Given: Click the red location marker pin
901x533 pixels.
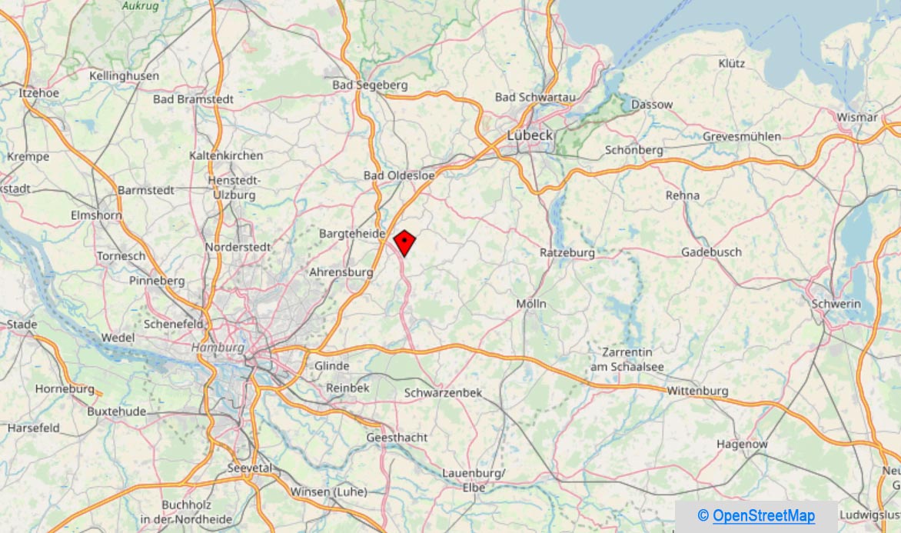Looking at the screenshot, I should click(404, 242).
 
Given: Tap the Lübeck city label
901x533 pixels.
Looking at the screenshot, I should click(530, 135).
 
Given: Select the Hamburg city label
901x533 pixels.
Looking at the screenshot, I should click(218, 348).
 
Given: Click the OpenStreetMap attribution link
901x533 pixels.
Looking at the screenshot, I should click(763, 515).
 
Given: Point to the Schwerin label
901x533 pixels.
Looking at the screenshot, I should click(836, 304).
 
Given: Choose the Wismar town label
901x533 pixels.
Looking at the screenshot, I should click(857, 117).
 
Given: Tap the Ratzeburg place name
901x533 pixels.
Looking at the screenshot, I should click(567, 252).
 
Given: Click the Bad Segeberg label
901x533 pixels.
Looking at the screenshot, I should click(370, 85).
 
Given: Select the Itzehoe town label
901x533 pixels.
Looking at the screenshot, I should click(38, 92).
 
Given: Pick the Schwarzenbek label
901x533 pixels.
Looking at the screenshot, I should click(444, 393).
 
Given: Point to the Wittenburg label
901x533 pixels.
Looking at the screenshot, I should click(697, 391).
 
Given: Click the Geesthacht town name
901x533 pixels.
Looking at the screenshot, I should click(397, 437).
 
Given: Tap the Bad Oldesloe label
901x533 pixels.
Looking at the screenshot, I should click(399, 175).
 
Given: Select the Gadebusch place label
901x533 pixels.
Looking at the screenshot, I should click(711, 252).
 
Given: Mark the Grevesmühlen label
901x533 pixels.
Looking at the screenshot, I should click(742, 136).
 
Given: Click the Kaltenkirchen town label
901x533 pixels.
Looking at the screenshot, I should click(226, 155).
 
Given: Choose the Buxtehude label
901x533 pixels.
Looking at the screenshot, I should click(116, 411).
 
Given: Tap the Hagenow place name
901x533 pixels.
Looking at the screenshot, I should click(742, 444).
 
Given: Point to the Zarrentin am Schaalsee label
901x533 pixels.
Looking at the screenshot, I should click(627, 359).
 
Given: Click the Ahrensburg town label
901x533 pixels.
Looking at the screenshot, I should click(341, 272).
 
